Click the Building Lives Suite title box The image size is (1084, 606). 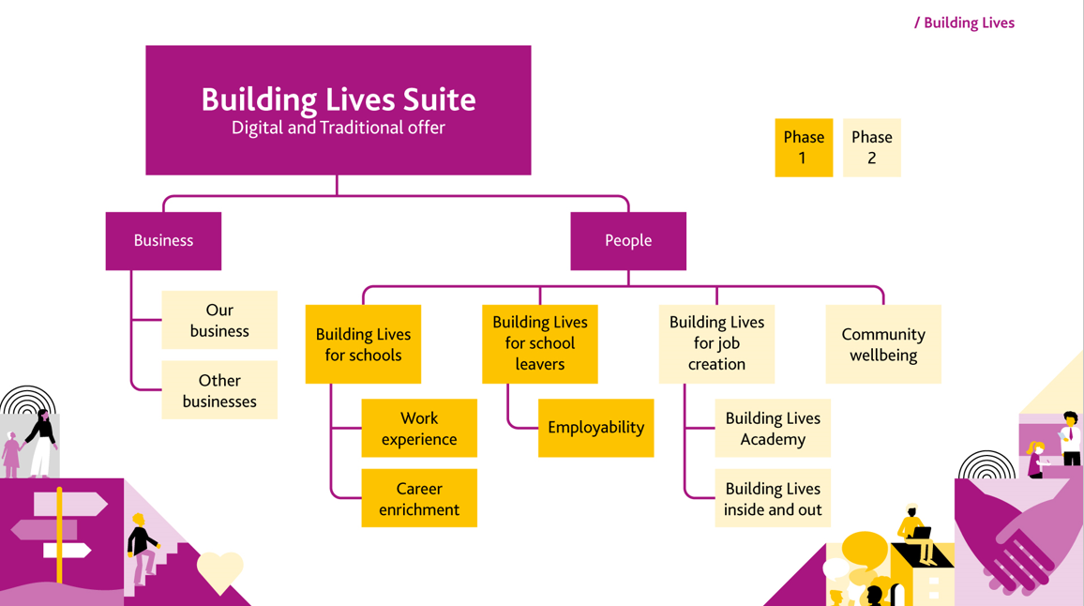[338, 110]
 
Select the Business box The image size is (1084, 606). [163, 241]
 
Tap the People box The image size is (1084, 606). [627, 241]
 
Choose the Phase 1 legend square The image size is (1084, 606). [804, 147]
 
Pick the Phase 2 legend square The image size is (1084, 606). [871, 147]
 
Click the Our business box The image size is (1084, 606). [219, 320]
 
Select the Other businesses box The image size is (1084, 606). [219, 390]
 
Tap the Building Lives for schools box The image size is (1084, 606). [363, 344]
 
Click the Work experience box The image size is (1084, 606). [419, 428]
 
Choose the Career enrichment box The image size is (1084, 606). [419, 498]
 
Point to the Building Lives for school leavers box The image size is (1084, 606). [539, 343]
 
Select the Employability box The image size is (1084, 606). [595, 428]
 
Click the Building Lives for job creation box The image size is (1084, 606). [716, 343]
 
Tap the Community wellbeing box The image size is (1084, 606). [882, 344]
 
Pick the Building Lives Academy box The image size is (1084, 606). [773, 428]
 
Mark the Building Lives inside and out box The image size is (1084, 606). [773, 498]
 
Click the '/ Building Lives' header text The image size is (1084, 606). [964, 23]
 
